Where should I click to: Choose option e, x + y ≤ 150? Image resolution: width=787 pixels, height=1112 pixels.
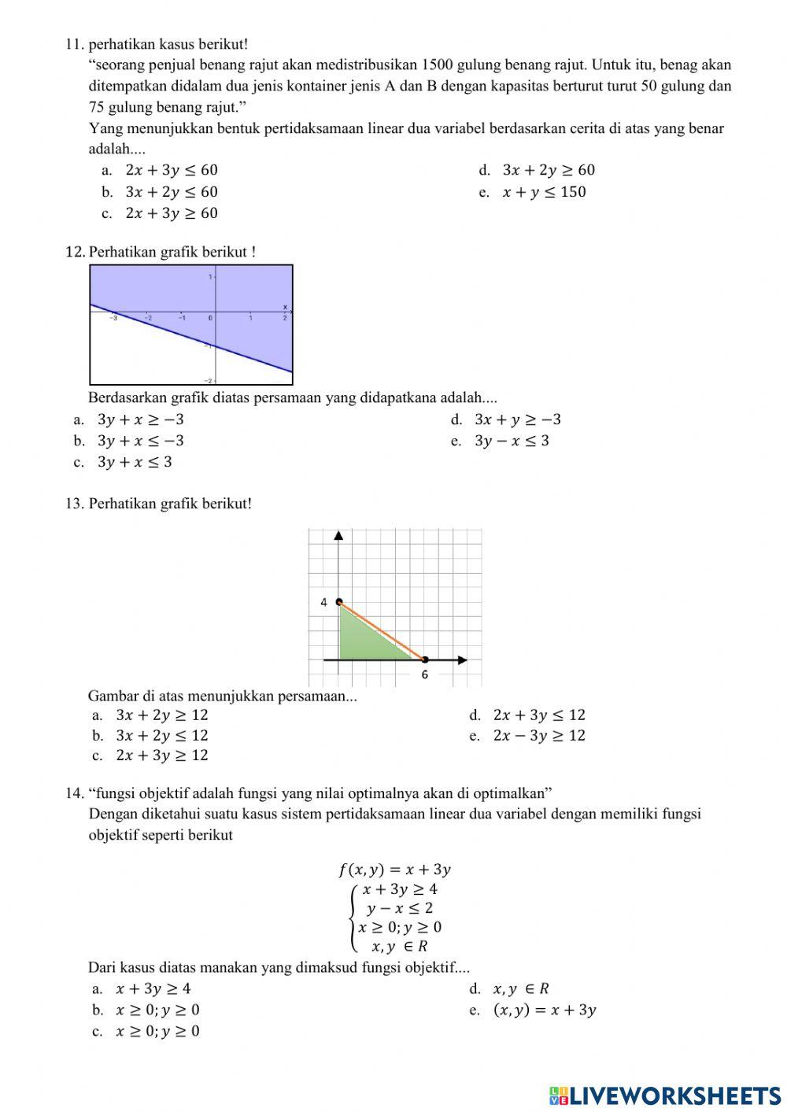[544, 192]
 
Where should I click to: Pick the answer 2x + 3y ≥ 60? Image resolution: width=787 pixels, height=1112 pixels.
[171, 213]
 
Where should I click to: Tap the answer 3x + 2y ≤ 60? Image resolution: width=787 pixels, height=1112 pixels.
[171, 192]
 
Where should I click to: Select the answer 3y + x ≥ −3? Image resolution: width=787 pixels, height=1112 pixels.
[140, 419]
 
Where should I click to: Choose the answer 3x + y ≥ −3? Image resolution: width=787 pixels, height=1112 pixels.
[517, 419]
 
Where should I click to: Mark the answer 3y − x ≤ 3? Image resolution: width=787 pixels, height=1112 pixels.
[512, 441]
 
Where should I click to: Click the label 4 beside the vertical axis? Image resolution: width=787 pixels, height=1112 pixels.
[323, 602]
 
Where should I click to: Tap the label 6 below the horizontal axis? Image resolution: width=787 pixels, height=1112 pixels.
[424, 675]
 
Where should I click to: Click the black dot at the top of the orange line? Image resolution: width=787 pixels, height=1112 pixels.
[339, 602]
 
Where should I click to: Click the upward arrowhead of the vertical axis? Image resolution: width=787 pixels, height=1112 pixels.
[339, 536]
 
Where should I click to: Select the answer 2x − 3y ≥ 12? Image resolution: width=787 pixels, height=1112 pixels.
[539, 736]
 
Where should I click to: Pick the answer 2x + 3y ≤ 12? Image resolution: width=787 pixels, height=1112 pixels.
[539, 715]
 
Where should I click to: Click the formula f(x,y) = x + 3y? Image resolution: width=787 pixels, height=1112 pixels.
[394, 870]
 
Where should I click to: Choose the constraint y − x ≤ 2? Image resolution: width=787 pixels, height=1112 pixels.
[399, 908]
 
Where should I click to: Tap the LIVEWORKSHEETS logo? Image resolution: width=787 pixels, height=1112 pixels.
[664, 1095]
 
